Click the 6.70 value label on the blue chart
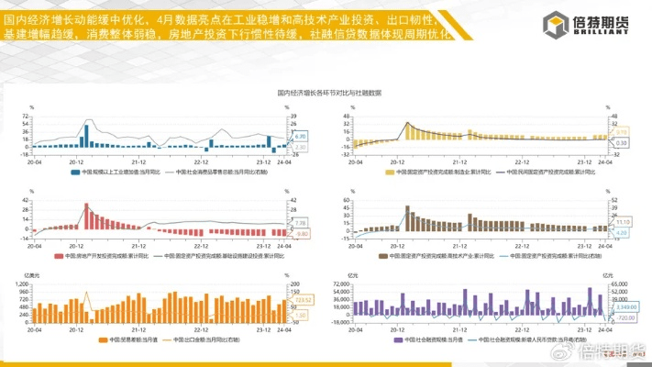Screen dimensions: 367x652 [x=300, y=136]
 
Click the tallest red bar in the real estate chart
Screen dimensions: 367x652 [x=87, y=217]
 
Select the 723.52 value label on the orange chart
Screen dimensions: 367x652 [x=304, y=300]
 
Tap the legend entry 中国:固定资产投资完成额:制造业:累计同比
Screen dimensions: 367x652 [x=439, y=171]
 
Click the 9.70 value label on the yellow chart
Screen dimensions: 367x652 [x=620, y=132]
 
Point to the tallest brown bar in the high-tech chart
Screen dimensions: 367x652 [x=406, y=217]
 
